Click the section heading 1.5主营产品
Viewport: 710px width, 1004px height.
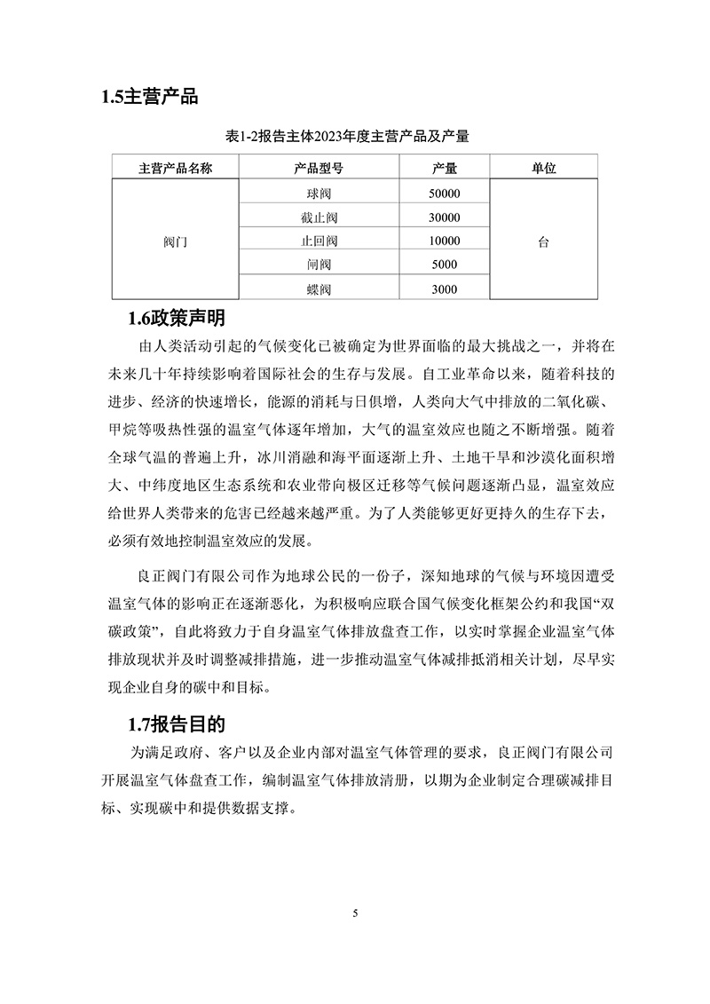tap(150, 97)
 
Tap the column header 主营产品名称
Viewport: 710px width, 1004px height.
tap(176, 168)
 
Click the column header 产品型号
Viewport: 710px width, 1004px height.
tap(319, 168)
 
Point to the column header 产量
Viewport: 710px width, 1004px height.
tap(444, 168)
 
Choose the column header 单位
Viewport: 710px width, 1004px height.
tap(543, 168)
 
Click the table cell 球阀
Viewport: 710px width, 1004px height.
tap(319, 194)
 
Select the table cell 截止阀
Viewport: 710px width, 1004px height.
tap(319, 217)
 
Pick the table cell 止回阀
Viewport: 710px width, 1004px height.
tap(319, 241)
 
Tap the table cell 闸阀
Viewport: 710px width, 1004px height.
tap(319, 265)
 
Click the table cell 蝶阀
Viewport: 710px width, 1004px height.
tap(319, 289)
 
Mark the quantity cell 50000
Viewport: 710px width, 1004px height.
tap(444, 194)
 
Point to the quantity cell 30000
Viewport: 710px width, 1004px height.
tap(444, 217)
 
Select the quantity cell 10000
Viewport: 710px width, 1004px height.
tap(444, 241)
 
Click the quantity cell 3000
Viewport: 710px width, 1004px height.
tap(444, 289)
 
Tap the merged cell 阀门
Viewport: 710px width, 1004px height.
tap(176, 241)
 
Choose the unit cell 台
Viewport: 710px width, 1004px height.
tap(543, 241)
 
